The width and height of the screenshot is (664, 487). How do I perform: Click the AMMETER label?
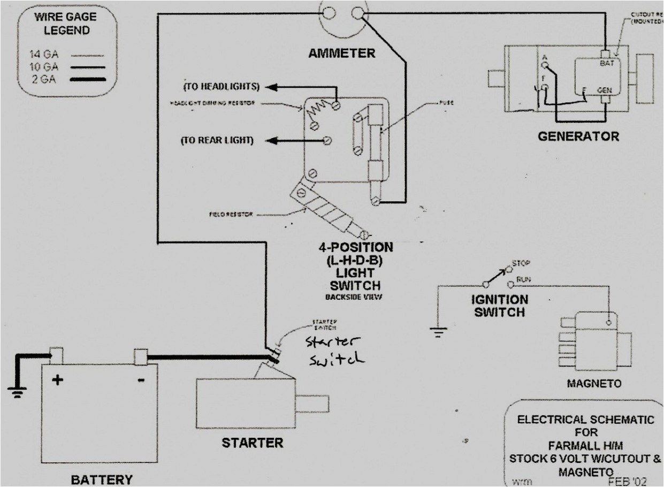point(341,53)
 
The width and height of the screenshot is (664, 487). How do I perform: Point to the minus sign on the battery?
point(140,381)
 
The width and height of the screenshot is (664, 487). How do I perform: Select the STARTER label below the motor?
point(253,443)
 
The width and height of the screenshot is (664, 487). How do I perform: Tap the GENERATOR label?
point(578,136)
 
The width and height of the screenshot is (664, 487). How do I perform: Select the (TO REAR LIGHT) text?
point(217,140)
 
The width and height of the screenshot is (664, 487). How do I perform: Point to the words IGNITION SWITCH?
point(499,306)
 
